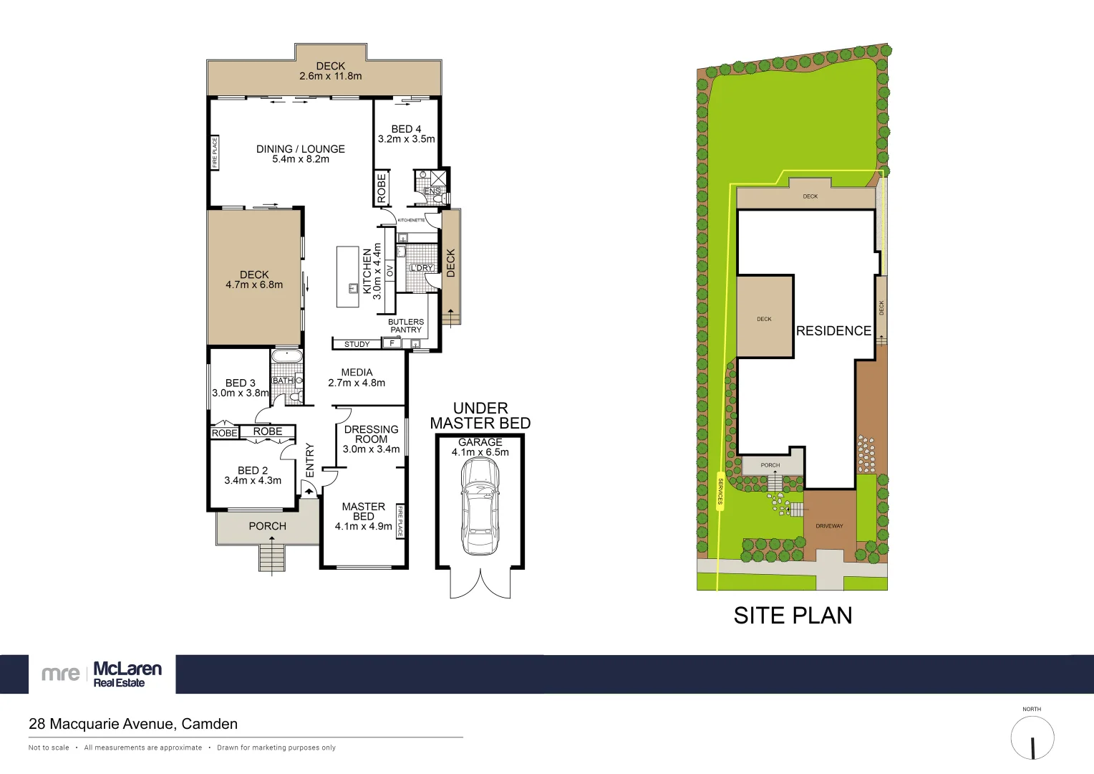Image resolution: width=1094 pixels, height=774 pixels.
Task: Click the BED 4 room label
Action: click(406, 129)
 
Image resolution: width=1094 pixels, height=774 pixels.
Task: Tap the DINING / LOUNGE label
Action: click(301, 149)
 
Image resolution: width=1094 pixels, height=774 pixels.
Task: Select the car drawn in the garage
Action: click(480, 506)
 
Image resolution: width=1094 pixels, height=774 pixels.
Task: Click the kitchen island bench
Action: click(348, 277)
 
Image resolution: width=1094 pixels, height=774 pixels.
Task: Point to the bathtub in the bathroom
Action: click(287, 356)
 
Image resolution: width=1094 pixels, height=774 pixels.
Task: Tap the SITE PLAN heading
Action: click(793, 616)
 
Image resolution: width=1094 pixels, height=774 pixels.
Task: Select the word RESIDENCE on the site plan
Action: click(833, 330)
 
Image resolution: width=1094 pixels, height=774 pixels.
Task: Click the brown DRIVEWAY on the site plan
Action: click(829, 525)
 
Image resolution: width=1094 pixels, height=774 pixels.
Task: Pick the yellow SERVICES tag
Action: click(720, 491)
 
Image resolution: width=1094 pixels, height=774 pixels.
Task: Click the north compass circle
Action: click(1032, 738)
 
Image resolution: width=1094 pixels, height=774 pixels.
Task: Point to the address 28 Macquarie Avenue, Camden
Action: click(133, 724)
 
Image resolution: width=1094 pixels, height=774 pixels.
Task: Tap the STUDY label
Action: click(357, 344)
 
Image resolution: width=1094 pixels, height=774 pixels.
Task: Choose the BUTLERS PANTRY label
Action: click(406, 325)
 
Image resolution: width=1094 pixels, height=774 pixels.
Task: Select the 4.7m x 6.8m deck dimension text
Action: click(254, 285)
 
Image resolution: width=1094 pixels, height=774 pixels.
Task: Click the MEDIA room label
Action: click(357, 372)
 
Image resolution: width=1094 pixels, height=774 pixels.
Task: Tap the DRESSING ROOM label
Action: click(371, 434)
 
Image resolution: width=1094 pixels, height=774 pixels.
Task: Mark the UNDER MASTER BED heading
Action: click(480, 416)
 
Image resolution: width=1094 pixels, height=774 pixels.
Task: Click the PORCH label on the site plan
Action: click(770, 465)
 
